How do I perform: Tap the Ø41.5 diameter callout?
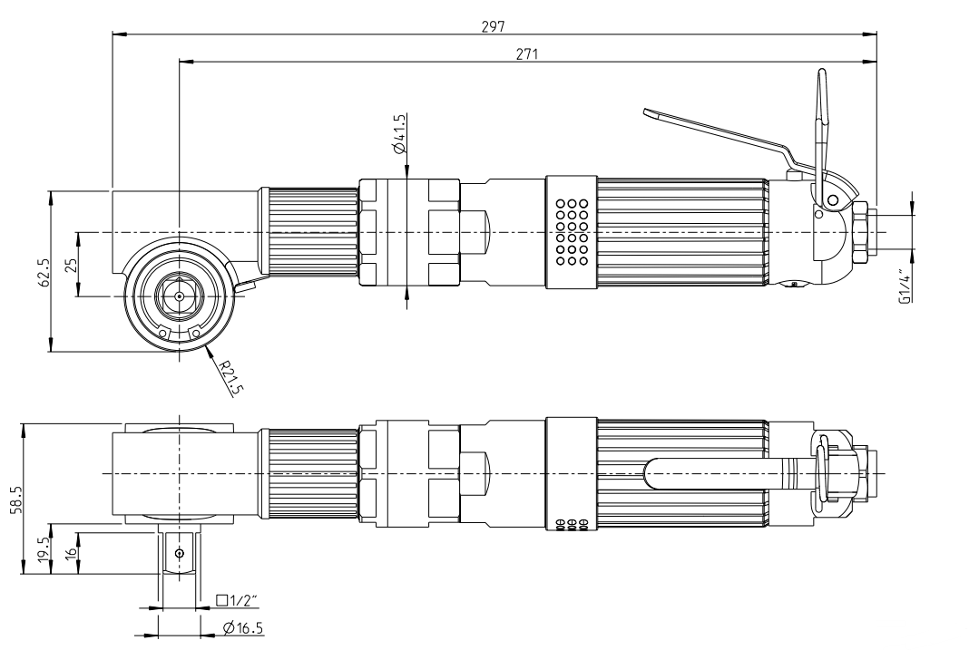pos(400,136)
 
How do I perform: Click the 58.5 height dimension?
pos(12,499)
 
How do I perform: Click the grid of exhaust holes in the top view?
pos(573,233)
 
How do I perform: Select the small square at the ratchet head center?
pos(180,296)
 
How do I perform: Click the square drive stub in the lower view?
pos(180,552)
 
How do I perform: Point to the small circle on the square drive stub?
pos(180,552)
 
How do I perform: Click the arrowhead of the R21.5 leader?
pos(208,347)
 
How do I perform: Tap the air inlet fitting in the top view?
pos(866,231)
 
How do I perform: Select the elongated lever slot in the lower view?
pos(717,473)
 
